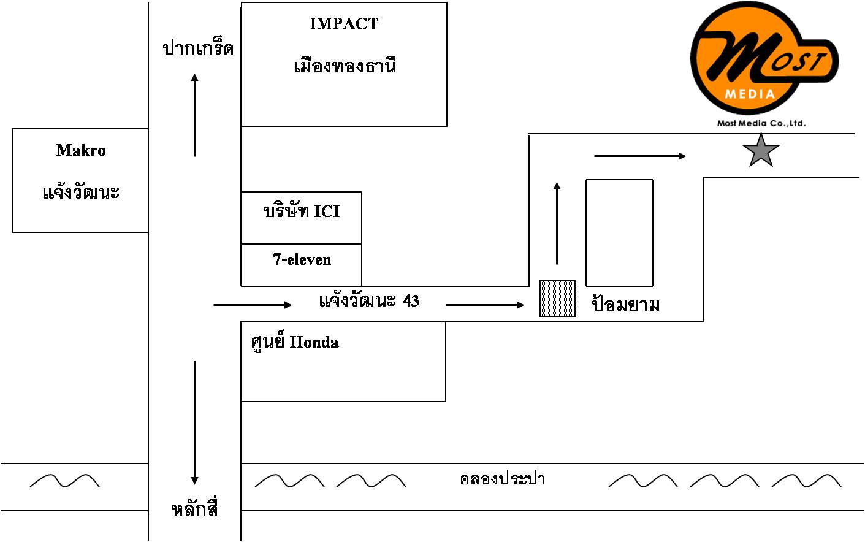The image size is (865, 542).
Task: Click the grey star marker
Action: pyautogui.click(x=761, y=151)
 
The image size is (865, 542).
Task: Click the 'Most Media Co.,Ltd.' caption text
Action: pyautogui.click(x=761, y=123)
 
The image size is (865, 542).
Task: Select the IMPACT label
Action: pyautogui.click(x=344, y=24)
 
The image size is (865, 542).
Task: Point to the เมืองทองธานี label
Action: pyautogui.click(x=345, y=65)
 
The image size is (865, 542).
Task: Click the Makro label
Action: pyautogui.click(x=81, y=150)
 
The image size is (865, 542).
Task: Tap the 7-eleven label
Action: pyautogui.click(x=302, y=259)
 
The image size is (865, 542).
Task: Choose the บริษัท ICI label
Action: pyautogui.click(x=301, y=212)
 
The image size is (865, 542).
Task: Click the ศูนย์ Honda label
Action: pyautogui.click(x=295, y=342)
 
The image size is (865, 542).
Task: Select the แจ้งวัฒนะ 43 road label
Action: pyautogui.click(x=369, y=300)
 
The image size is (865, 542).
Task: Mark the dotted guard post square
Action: pyautogui.click(x=557, y=299)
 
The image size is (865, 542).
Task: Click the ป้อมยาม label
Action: pyautogui.click(x=625, y=304)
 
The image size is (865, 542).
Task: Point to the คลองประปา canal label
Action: pyautogui.click(x=502, y=479)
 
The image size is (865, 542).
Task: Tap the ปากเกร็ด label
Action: pyautogui.click(x=198, y=48)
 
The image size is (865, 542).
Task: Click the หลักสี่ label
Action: pyautogui.click(x=194, y=509)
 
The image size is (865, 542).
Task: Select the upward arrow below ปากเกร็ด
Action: pyautogui.click(x=195, y=115)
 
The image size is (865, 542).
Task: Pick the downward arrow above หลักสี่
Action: pyautogui.click(x=195, y=422)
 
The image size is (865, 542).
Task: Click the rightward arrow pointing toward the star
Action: pyautogui.click(x=640, y=156)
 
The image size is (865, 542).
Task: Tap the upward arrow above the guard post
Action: pyautogui.click(x=557, y=223)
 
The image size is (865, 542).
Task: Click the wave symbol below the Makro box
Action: pyautogui.click(x=64, y=481)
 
